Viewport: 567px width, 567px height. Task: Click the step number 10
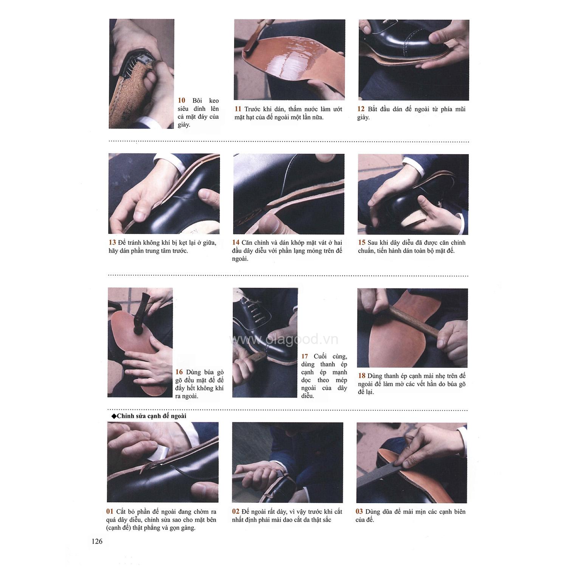(x=182, y=101)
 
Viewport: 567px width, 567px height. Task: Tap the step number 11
(x=238, y=109)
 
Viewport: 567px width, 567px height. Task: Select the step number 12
(x=361, y=109)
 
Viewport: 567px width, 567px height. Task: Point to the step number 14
(x=236, y=243)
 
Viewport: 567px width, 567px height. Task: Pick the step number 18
(x=362, y=376)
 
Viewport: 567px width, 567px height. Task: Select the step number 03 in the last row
(x=359, y=511)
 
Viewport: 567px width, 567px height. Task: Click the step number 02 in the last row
(x=236, y=511)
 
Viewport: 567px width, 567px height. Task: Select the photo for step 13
(x=164, y=194)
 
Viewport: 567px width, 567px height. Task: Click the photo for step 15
(x=413, y=194)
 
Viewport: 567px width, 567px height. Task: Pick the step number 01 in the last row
(x=110, y=511)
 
